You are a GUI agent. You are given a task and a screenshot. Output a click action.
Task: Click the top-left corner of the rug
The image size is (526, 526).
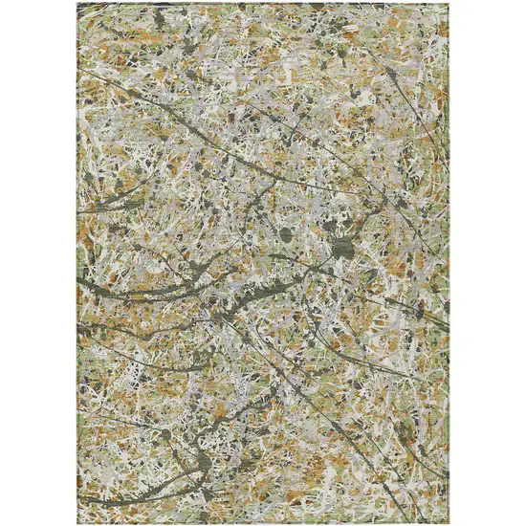(78, 4)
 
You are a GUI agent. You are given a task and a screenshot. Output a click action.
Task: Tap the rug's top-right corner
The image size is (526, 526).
(448, 4)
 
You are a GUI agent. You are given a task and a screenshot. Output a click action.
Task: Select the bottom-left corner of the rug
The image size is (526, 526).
(78, 521)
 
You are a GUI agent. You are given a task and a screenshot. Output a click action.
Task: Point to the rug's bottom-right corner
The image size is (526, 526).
(448, 521)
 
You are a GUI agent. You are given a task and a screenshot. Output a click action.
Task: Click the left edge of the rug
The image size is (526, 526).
(78, 263)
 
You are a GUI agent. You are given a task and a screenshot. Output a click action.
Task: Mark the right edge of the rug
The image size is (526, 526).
(448, 263)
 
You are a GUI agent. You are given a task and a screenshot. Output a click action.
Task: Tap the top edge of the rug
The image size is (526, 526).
(263, 4)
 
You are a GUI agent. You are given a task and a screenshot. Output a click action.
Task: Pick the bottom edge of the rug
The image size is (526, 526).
(263, 521)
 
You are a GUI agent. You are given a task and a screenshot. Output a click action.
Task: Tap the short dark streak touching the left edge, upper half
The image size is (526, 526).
(91, 210)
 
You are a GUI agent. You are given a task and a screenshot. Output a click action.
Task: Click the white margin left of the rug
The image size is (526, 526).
(38, 263)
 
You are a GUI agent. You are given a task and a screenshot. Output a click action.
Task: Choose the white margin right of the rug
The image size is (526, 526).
(488, 263)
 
